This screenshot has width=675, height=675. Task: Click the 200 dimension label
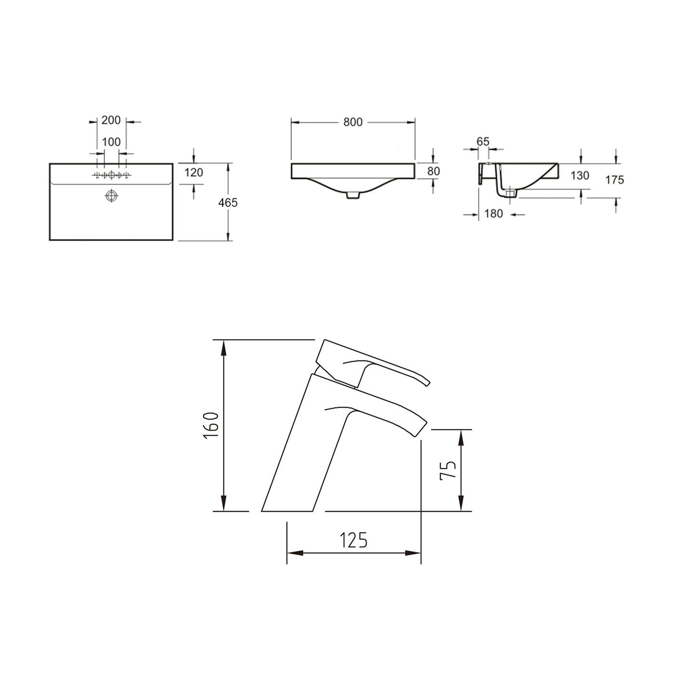111,121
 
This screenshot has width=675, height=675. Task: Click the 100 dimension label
111,143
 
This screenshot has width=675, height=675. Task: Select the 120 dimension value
194,172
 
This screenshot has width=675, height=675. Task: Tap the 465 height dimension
228,203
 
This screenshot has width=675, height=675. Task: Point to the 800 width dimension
353,122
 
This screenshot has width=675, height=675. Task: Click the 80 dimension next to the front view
433,171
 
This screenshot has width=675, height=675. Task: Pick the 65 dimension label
483,142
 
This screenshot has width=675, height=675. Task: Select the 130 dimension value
580,175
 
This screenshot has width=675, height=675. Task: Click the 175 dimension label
615,180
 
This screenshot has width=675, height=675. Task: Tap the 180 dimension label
493,214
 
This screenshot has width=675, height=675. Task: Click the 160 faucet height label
212,425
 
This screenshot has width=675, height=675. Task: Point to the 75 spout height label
448,470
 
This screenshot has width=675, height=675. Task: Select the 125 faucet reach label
353,540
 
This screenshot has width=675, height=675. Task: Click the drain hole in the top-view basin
111,196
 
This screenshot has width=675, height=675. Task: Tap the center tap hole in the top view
111,175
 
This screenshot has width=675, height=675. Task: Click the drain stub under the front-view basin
353,195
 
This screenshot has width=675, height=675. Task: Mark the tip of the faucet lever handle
426,382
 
